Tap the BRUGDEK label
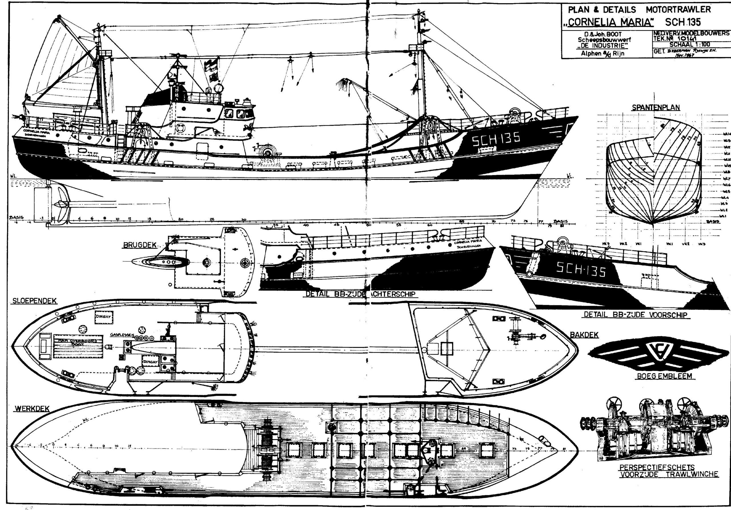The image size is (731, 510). coord(139,245)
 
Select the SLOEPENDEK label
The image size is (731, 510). coord(34,301)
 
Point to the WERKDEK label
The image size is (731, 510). coord(32,409)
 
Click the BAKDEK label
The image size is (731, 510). coord(584,335)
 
